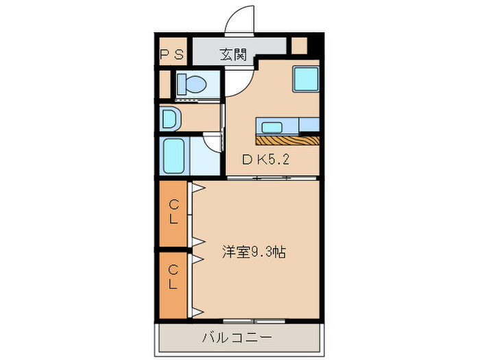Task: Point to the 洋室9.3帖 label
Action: pos(254,252)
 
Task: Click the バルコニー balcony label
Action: pos(237,337)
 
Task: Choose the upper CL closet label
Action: pos(174,212)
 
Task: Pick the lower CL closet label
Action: pos(174,278)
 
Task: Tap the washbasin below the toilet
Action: pos(169,119)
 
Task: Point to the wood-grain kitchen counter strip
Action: pos(288,140)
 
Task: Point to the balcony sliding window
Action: pos(254,320)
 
